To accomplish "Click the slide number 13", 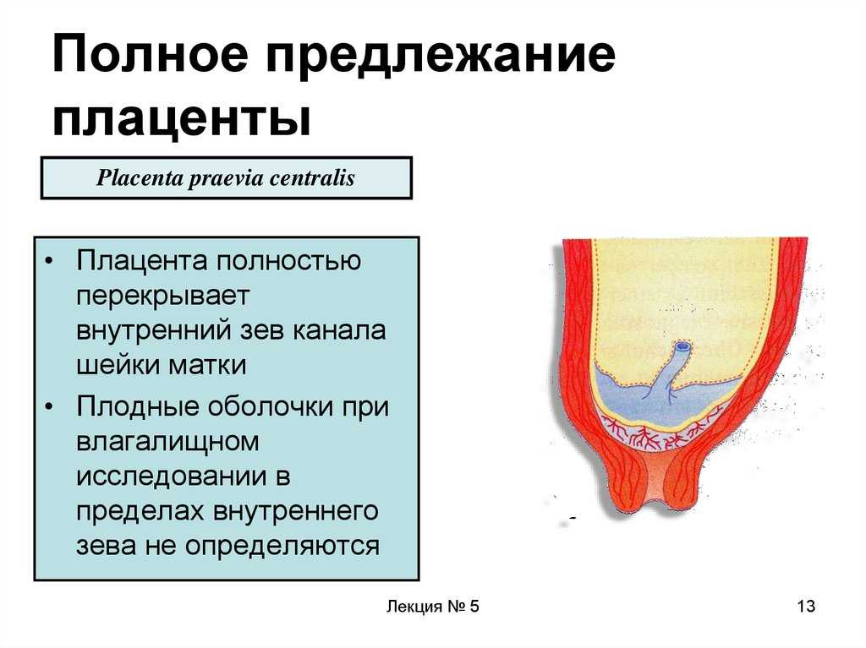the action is click(x=806, y=606).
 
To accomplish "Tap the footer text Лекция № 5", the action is click(x=432, y=606).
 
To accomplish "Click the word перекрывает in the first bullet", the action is click(x=163, y=297).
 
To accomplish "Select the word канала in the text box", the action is click(x=338, y=330).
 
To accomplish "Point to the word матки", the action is click(x=207, y=365).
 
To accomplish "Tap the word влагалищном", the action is click(x=167, y=442).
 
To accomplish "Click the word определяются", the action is click(x=282, y=546).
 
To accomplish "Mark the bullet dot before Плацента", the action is click(x=50, y=261).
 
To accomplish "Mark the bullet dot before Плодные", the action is click(x=50, y=406).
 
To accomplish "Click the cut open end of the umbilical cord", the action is click(x=682, y=347).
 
